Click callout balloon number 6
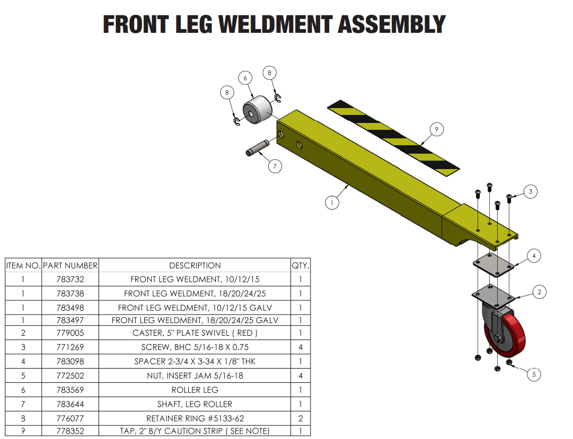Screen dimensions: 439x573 click(245, 78)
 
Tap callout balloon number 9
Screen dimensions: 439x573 click(436, 129)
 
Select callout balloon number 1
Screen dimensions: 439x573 click(332, 202)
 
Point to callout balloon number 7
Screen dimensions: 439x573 click(275, 166)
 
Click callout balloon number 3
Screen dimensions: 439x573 click(530, 192)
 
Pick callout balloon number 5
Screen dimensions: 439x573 click(534, 374)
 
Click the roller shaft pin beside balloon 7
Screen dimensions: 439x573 click(258, 148)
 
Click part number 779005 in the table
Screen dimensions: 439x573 click(70, 333)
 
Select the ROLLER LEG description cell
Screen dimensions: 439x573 click(195, 390)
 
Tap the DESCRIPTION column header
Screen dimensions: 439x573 click(195, 265)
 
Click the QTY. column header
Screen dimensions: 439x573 click(301, 265)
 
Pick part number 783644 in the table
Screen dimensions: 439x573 click(70, 404)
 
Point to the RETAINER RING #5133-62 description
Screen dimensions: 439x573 click(195, 418)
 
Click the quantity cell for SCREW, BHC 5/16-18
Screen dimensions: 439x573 click(301, 347)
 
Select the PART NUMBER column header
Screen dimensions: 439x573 click(70, 265)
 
